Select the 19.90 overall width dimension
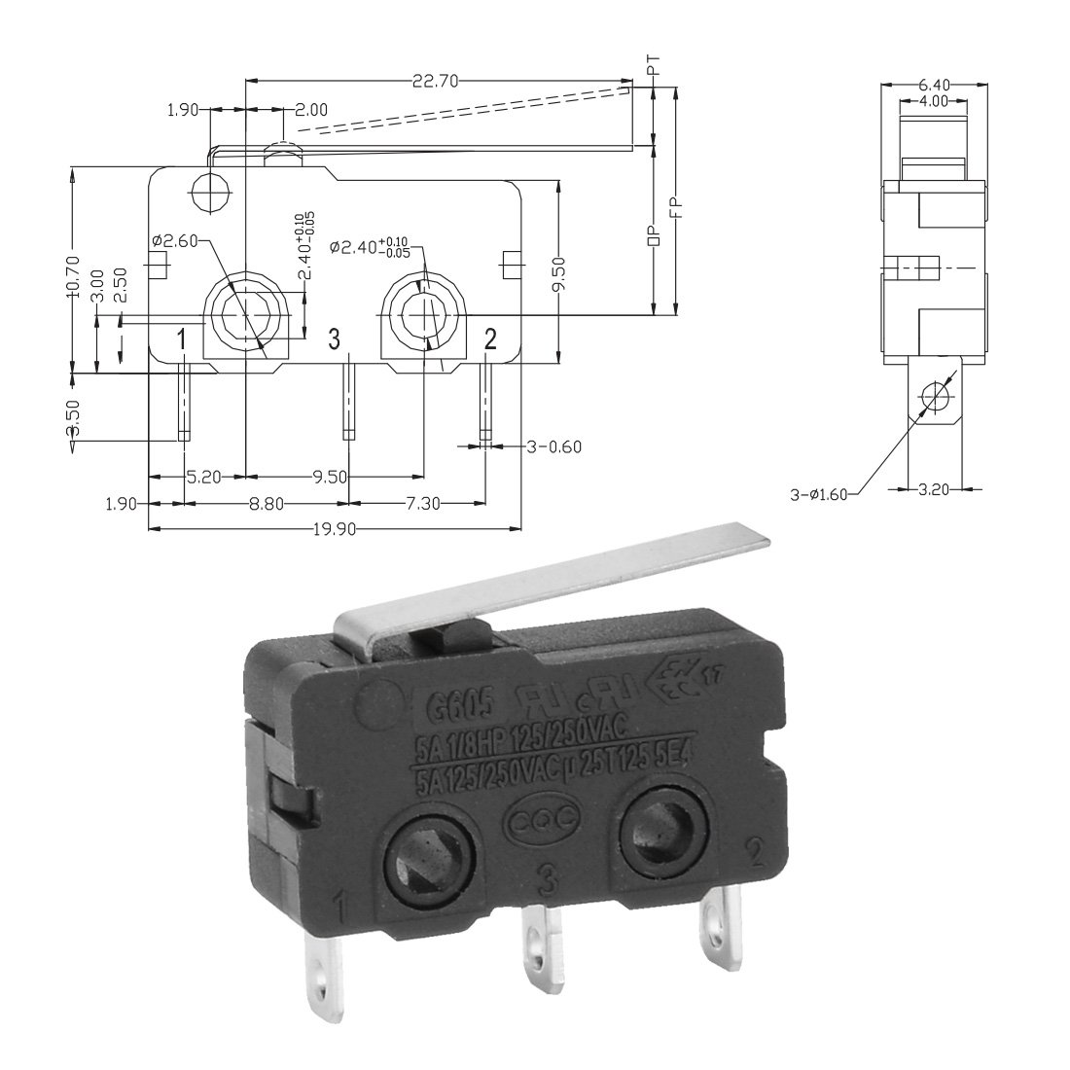(333, 528)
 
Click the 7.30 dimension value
(419, 503)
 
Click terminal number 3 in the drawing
(334, 339)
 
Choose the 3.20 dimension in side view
(934, 490)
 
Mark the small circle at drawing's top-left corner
(210, 187)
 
